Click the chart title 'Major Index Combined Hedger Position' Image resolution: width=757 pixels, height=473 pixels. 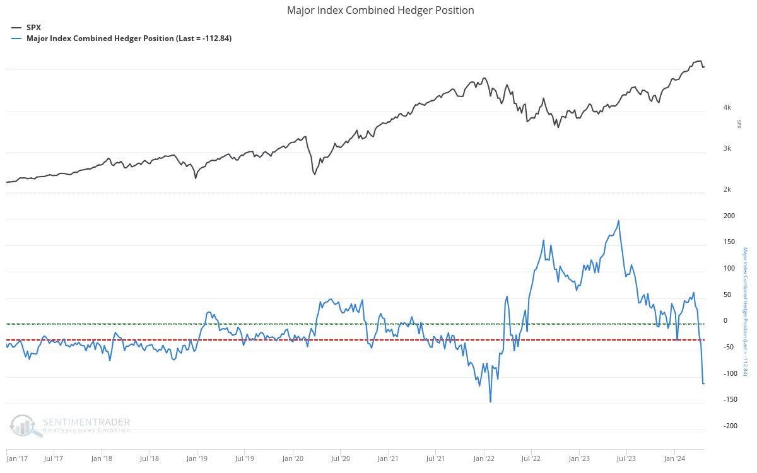coord(380,10)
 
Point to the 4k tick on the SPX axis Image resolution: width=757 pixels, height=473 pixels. coord(727,107)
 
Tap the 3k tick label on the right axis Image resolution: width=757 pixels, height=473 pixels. coord(727,149)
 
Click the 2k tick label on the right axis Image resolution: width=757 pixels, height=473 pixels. coord(727,190)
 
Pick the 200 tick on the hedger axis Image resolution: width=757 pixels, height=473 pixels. coord(729,216)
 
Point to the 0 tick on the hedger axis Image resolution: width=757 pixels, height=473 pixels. coord(725,321)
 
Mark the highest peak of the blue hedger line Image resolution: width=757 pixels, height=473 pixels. coord(618,221)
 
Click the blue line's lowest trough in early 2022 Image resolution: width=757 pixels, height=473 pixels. coord(490,402)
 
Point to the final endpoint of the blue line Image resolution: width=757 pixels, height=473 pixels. coord(704,383)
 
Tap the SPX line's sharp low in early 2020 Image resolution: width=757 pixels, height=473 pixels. coord(314,174)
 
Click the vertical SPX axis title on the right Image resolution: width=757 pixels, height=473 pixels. coord(739,124)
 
